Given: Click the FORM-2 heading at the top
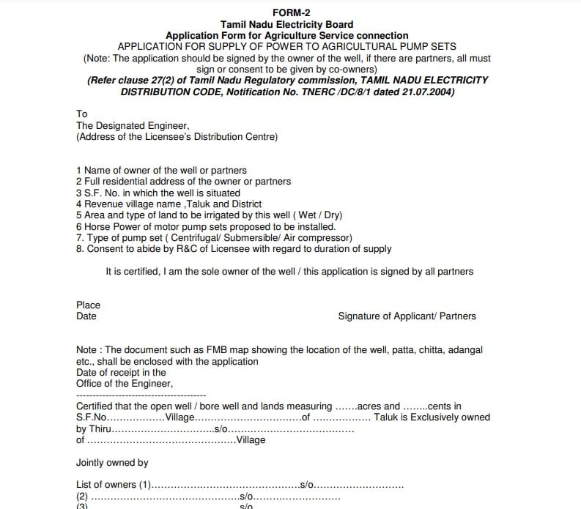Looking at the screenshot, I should tap(286, 12).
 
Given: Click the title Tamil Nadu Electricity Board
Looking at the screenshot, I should tap(286, 24).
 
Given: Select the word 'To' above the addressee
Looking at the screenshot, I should tap(81, 114).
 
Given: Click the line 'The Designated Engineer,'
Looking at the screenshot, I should tap(133, 125).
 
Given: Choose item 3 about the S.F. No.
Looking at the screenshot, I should tap(158, 192).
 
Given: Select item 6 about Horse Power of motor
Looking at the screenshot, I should tap(196, 226).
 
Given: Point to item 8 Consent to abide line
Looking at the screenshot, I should tap(234, 248).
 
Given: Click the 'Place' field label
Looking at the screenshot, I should tap(88, 305).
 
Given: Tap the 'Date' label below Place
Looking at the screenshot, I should tap(86, 316).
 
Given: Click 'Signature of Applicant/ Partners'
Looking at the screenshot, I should tap(407, 316).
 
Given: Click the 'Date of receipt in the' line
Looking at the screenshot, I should tap(121, 372).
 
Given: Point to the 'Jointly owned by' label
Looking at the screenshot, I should tap(112, 462).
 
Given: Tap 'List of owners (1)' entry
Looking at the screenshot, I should tap(114, 485).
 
